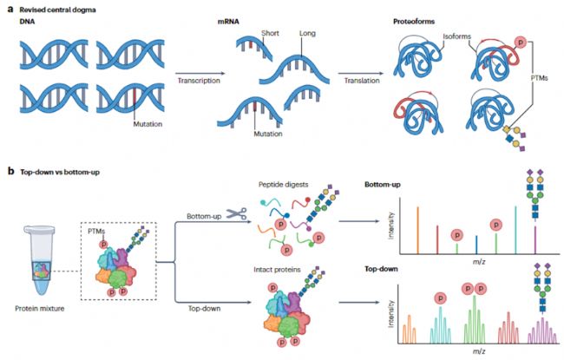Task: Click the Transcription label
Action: pyautogui.click(x=199, y=80)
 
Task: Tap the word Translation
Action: pyautogui.click(x=362, y=80)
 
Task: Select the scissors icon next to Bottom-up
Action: pyautogui.click(x=236, y=213)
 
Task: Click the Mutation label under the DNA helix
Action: pyautogui.click(x=148, y=124)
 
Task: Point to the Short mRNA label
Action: pyautogui.click(x=270, y=33)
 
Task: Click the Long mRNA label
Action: pyautogui.click(x=307, y=33)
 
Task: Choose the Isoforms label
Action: pyautogui.click(x=456, y=36)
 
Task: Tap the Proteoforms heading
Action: pyautogui.click(x=414, y=22)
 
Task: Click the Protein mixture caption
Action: pyautogui.click(x=40, y=308)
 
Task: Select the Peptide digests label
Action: pyautogui.click(x=284, y=185)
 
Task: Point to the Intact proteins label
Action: pyautogui.click(x=277, y=270)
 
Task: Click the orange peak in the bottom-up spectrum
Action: pyautogui.click(x=417, y=231)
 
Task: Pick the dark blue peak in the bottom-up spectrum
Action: pyautogui.click(x=476, y=245)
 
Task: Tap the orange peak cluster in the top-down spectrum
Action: pyautogui.click(x=410, y=329)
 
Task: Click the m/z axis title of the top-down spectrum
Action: pyautogui.click(x=479, y=351)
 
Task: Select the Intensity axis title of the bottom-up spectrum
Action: pyautogui.click(x=391, y=226)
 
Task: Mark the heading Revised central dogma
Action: pyautogui.click(x=57, y=10)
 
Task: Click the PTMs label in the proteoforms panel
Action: pyautogui.click(x=539, y=78)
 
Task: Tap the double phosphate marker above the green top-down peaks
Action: pyautogui.click(x=474, y=288)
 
